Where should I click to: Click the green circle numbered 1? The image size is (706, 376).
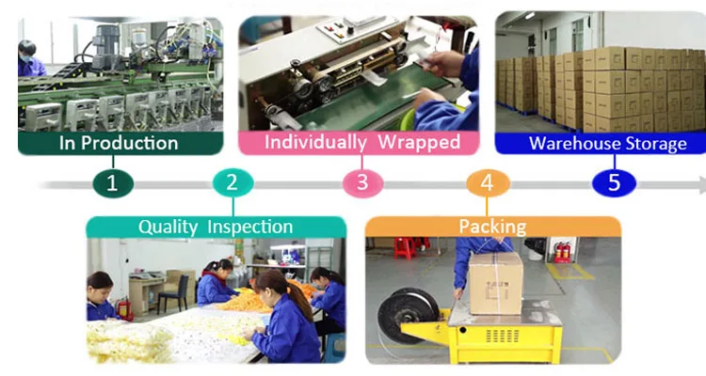click(x=113, y=181)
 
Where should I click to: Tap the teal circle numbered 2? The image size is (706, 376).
click(x=232, y=181)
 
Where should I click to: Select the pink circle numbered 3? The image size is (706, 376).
click(x=362, y=181)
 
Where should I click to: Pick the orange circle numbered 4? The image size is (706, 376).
click(x=487, y=181)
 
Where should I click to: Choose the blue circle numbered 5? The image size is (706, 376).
click(x=614, y=181)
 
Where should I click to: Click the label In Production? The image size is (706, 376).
click(x=119, y=143)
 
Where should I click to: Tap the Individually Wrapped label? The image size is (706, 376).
click(x=361, y=143)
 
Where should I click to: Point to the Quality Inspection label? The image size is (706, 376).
click(x=216, y=227)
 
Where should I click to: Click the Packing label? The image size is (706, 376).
click(x=492, y=227)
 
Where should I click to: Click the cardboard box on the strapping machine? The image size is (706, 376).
click(x=496, y=282)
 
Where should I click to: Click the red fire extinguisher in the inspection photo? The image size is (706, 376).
click(x=123, y=308)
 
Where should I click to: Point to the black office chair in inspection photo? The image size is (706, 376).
click(x=173, y=293)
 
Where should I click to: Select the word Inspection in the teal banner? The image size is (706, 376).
click(x=250, y=227)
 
